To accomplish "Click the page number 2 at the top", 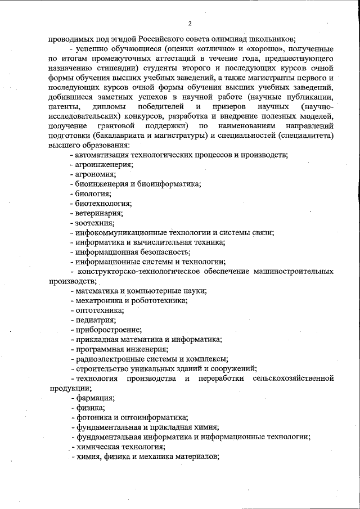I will click(190, 23).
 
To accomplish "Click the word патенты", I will click(64, 106).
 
